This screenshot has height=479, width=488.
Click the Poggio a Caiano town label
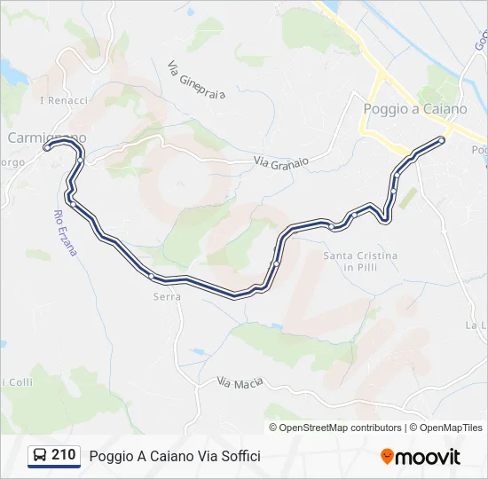pos(414,108)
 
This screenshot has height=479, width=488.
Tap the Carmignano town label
pos(47,137)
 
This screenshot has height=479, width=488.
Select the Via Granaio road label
pos(281,161)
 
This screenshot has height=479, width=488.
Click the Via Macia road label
pos(240,383)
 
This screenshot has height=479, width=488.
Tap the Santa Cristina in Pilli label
pos(360,261)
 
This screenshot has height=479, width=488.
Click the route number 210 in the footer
pos(63,455)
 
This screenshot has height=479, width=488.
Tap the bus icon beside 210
pos(40,456)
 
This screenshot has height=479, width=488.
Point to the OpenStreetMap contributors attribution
pos(341,428)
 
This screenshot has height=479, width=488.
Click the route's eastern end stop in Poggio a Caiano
pos(442,140)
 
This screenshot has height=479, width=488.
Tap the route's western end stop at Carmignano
pos(46,148)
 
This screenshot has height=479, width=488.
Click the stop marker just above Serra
pos(152,277)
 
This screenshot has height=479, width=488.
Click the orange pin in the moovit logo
pos(388,457)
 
